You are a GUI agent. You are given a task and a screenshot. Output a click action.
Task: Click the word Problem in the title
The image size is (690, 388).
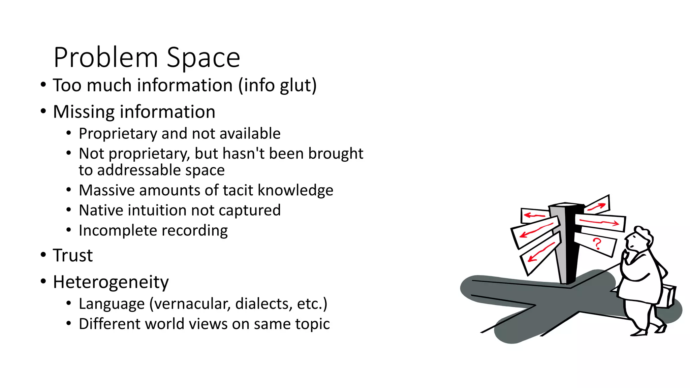click(105, 57)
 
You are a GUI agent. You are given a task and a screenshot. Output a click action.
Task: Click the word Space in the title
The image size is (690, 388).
click(203, 57)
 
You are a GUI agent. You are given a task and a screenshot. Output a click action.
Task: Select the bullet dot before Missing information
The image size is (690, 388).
click(43, 111)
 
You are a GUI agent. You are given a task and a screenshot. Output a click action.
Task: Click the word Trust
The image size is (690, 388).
click(72, 255)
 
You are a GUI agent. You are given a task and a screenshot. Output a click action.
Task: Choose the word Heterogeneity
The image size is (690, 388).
click(111, 282)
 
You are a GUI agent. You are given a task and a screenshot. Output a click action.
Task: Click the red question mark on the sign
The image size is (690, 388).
click(597, 244)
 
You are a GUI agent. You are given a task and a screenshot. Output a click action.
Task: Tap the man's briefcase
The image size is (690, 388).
click(667, 296)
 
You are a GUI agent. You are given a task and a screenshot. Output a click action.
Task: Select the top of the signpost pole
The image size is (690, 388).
click(566, 205)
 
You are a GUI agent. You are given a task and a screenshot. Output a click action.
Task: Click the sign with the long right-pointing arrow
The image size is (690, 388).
click(600, 223)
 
